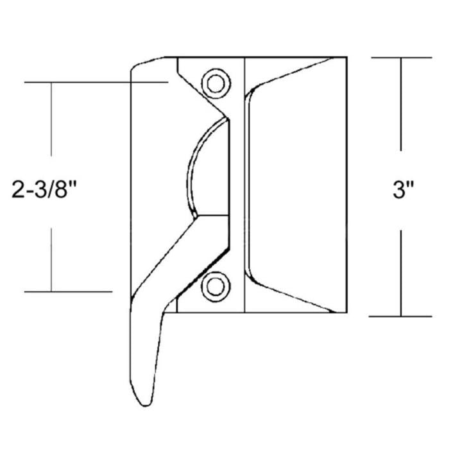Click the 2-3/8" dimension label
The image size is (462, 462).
coord(49,190)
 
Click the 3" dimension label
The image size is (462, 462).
coord(402,191)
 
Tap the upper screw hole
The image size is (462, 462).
coord(215,83)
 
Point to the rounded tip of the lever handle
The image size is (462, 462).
coord(145,400)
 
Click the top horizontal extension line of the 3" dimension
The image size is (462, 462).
coord(402,58)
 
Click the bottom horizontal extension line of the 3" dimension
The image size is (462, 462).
coord(402,316)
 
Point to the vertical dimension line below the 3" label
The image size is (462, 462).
coord(402,269)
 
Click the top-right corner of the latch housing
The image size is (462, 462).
coord(346,57)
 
